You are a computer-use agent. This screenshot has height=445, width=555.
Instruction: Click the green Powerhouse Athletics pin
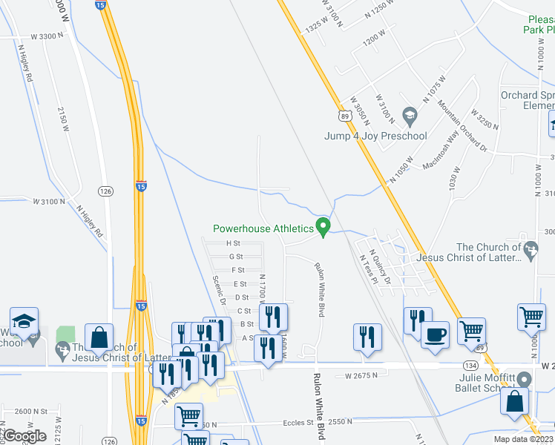[x=323, y=227]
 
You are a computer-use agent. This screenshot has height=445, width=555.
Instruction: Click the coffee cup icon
[x=435, y=334]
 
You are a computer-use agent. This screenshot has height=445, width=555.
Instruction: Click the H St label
[x=233, y=243]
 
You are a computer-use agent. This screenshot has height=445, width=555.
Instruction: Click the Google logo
[x=24, y=435]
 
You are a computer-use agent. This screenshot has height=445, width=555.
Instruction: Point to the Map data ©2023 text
[x=524, y=439]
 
